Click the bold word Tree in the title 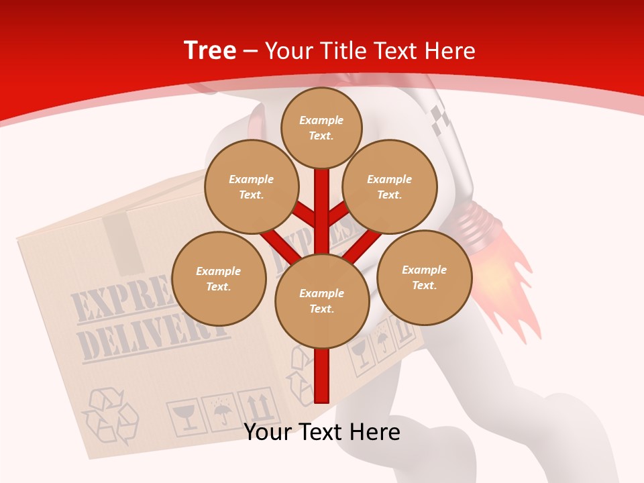click(x=210, y=50)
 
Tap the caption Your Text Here click(x=322, y=432)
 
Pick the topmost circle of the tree click(x=321, y=127)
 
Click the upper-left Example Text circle click(x=251, y=186)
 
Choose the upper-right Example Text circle click(x=389, y=186)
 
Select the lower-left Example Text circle click(x=219, y=278)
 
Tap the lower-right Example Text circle click(x=424, y=277)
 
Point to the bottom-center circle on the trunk click(x=322, y=301)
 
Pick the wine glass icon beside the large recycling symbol click(x=182, y=417)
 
